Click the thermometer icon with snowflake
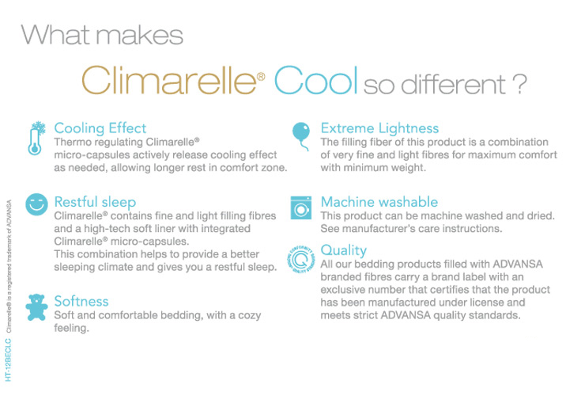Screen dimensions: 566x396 36,139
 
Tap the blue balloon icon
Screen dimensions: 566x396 301,135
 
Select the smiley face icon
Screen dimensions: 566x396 36,204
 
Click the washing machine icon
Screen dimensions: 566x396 301,208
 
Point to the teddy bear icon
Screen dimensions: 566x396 36,307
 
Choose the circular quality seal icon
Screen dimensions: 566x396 301,259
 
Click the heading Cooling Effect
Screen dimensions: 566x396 100,128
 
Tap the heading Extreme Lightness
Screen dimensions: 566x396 379,128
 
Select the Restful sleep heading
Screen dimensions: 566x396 95,202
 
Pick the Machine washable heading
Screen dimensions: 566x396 379,202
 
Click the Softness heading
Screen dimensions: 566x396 81,301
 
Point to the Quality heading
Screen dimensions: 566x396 344,250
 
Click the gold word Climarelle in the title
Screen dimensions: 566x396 169,80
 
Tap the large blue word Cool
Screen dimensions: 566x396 316,80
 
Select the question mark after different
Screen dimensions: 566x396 520,84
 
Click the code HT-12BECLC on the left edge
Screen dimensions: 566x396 9,360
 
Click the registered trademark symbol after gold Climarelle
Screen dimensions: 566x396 261,76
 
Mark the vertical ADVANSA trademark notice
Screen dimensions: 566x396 9,266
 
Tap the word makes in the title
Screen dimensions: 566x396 140,35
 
